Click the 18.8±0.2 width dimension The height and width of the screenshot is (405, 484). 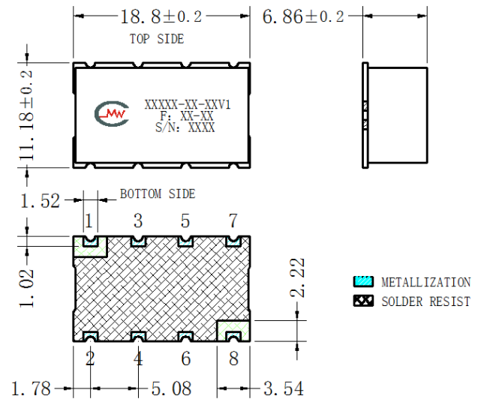(x=161, y=16)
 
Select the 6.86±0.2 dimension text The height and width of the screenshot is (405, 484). (x=303, y=16)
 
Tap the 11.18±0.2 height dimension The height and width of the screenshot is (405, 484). (x=26, y=115)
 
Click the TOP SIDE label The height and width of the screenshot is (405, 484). (x=157, y=39)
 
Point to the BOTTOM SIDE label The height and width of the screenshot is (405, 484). (x=158, y=194)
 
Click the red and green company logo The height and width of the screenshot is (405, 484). (x=111, y=114)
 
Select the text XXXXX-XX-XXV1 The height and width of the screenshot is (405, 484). (x=188, y=105)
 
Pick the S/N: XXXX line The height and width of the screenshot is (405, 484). (x=185, y=127)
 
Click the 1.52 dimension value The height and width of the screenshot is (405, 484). (x=40, y=201)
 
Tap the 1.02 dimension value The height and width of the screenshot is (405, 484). (x=26, y=288)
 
